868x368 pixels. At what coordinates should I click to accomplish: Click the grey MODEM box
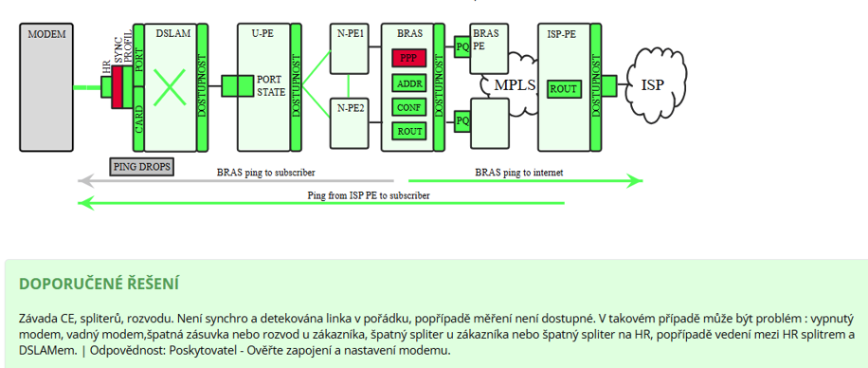coord(46,87)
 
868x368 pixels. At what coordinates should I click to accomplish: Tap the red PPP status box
coord(408,58)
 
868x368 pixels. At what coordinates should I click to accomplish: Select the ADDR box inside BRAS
coord(408,83)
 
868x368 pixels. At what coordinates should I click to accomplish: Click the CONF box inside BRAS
coord(408,107)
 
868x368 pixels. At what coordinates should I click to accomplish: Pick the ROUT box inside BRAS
coord(408,131)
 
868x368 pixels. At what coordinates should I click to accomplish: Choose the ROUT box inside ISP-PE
coord(564,89)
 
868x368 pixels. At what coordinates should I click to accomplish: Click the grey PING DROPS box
coord(142,166)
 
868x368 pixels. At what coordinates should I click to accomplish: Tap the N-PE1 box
coord(350,48)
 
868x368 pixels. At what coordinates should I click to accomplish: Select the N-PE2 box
coord(350,122)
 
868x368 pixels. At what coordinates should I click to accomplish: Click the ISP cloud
coord(657,83)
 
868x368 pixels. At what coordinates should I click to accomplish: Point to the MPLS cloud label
coord(515,84)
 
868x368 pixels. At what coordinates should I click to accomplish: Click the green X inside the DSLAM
coord(170,87)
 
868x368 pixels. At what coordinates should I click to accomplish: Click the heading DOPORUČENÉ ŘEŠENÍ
coord(99,285)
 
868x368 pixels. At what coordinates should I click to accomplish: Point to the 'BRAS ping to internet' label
coord(518,173)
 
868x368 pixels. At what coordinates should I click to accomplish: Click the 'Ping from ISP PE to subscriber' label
coord(369,195)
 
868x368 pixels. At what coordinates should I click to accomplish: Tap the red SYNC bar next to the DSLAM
coord(117,87)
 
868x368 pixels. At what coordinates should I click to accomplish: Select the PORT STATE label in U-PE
coord(271,86)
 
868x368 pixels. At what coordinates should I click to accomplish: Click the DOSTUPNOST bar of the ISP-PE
coord(596,87)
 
